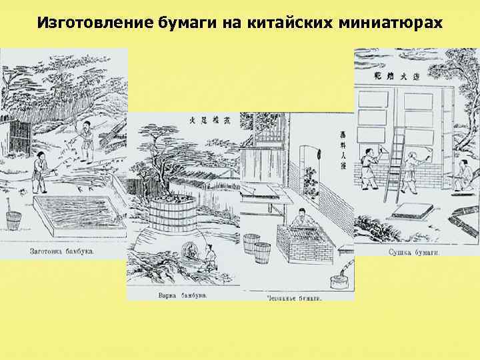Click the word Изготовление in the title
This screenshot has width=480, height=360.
[83, 23]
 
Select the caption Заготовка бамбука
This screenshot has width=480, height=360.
[62, 252]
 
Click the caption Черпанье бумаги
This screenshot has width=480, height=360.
[293, 298]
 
